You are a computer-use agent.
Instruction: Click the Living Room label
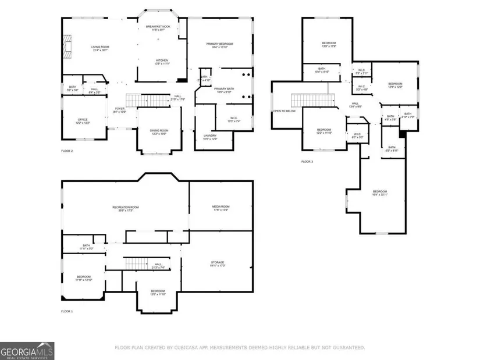click(100, 48)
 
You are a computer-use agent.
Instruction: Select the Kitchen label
click(162, 62)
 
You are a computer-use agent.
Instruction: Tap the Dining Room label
click(159, 132)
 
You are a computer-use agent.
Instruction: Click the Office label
click(83, 121)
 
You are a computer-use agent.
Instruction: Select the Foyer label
click(120, 109)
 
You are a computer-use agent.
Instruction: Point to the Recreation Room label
click(125, 209)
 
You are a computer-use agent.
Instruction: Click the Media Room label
click(221, 208)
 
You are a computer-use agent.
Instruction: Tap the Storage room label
click(218, 263)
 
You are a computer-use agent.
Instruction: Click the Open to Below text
click(285, 111)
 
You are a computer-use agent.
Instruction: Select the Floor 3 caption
click(307, 162)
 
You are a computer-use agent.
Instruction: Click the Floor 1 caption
click(67, 312)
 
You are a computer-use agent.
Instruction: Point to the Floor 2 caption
click(67, 151)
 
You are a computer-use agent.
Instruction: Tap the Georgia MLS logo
click(27, 351)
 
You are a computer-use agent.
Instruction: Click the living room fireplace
click(66, 47)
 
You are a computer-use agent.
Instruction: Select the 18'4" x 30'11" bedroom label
click(380, 193)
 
